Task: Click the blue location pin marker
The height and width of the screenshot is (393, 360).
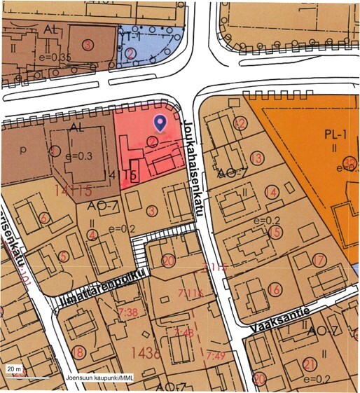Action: click(x=161, y=123)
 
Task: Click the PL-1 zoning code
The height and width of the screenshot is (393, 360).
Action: click(x=331, y=132)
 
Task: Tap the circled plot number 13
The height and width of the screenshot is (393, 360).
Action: click(x=257, y=158)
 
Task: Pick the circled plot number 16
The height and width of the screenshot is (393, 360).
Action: click(x=275, y=290)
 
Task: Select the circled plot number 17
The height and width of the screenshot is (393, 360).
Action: click(x=319, y=261)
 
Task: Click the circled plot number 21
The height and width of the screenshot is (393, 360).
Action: click(x=310, y=364)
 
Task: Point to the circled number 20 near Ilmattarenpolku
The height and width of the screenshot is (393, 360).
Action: click(x=167, y=261)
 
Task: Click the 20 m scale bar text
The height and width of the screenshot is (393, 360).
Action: click(x=14, y=368)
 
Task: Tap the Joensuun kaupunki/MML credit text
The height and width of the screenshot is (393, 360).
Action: click(x=100, y=378)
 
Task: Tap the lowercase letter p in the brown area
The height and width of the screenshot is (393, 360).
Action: click(x=24, y=150)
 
